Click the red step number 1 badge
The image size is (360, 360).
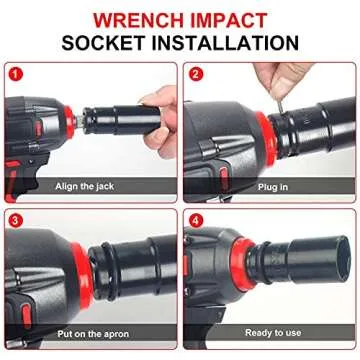point(14,73)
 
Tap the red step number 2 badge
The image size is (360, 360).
point(195,73)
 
